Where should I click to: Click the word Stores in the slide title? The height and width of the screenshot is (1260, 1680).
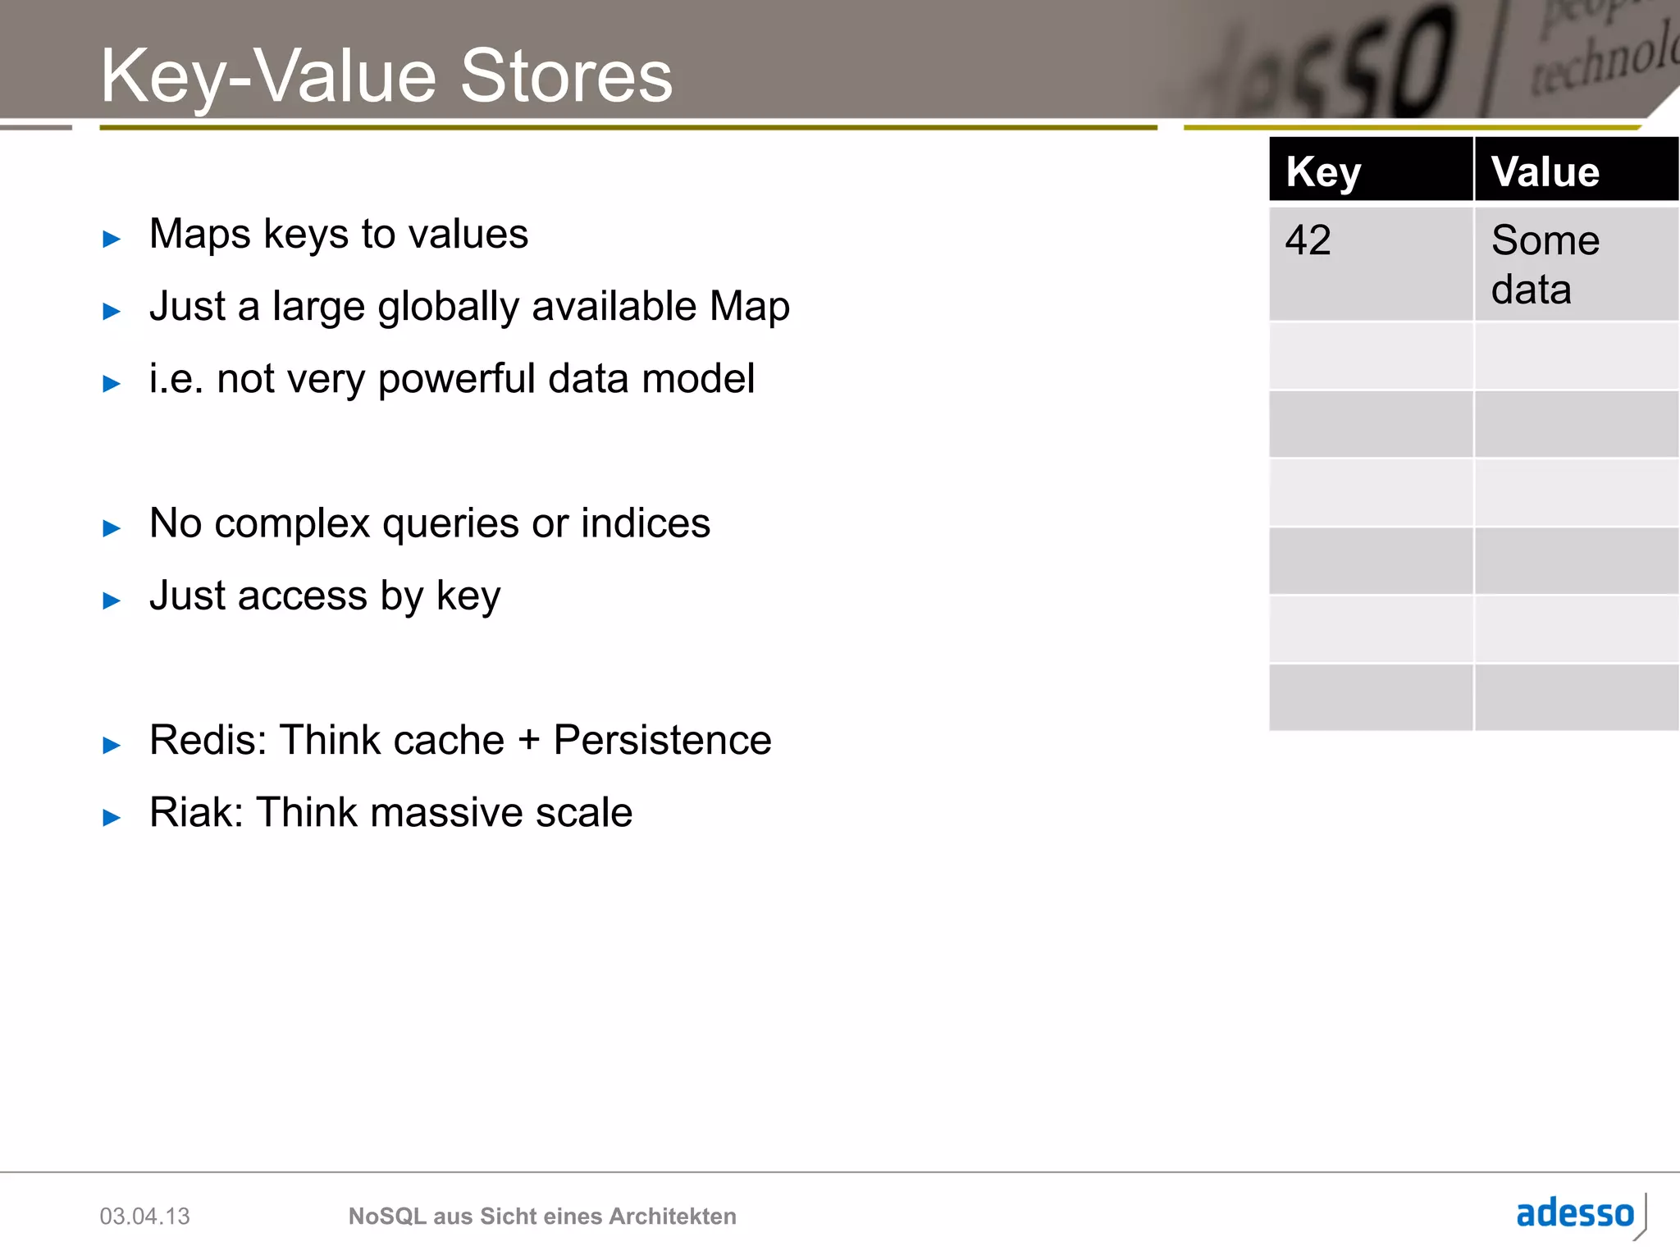[x=566, y=76]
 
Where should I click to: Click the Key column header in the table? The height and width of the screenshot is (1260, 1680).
[x=1323, y=172]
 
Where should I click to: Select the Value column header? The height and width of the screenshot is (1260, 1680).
[x=1545, y=172]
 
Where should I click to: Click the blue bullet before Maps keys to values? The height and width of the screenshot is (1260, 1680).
[x=112, y=240]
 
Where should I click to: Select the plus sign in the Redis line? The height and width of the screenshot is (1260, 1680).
[x=529, y=741]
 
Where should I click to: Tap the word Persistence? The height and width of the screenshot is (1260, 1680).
[x=662, y=740]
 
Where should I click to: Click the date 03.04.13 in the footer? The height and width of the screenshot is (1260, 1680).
[x=144, y=1217]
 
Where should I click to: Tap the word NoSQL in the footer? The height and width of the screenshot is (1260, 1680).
[x=386, y=1217]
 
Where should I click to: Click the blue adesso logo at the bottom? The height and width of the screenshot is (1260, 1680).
[x=1575, y=1213]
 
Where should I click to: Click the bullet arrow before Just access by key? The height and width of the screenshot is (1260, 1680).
[x=112, y=601]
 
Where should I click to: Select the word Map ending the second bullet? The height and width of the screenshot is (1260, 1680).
[x=749, y=307]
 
